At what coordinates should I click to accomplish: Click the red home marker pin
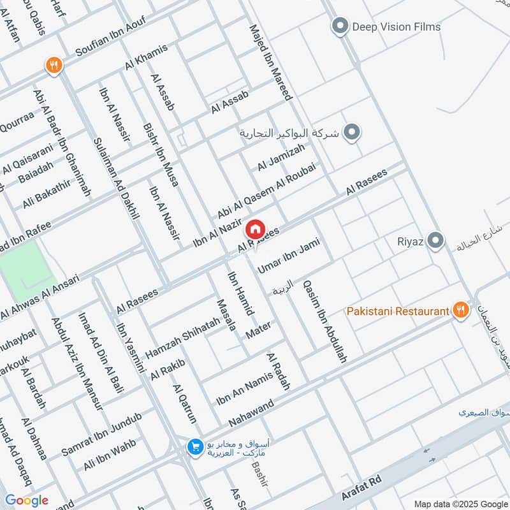click(x=255, y=228)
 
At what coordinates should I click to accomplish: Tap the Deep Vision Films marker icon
click(x=340, y=27)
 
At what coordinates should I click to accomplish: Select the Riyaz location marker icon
click(x=436, y=241)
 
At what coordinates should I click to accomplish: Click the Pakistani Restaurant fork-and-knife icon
click(x=460, y=311)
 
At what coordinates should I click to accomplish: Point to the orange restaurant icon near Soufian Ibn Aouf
click(x=54, y=64)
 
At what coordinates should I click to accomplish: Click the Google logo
click(x=26, y=500)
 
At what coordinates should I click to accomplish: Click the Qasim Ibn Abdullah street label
click(x=325, y=322)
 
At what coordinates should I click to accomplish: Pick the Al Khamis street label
click(x=147, y=58)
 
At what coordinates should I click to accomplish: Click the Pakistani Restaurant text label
click(x=398, y=311)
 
